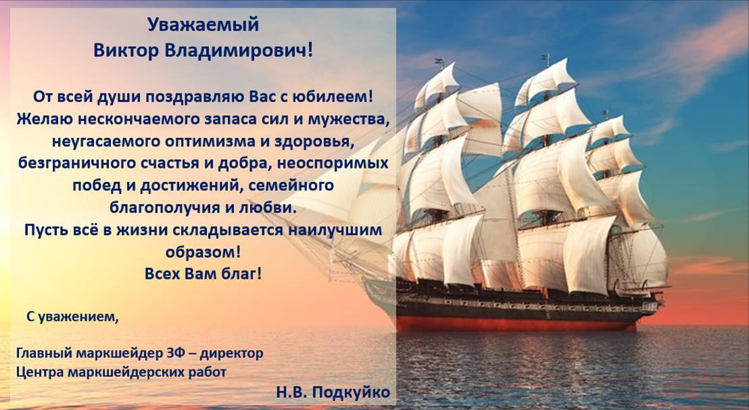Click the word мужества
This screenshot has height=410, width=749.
[x=346, y=119]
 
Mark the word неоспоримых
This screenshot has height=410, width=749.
[x=333, y=163]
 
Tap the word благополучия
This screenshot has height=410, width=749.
[x=165, y=208]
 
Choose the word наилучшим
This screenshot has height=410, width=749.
[x=335, y=230]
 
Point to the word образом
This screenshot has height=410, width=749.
[x=203, y=252]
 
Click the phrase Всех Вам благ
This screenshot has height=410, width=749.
[x=203, y=274]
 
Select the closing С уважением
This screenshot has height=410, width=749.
[x=72, y=317]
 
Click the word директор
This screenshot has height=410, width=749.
[x=232, y=354]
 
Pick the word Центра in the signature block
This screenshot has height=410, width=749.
[x=40, y=371]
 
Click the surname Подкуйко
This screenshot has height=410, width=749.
[x=351, y=392]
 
